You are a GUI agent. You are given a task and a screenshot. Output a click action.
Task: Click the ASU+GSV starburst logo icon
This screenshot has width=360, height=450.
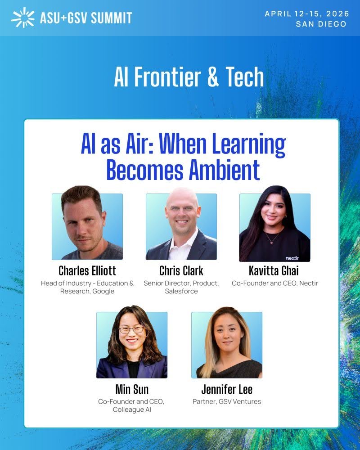[23, 17]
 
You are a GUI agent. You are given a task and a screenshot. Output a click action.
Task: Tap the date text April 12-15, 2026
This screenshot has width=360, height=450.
[306, 13]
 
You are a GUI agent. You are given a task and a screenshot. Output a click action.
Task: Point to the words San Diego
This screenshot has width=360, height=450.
[321, 24]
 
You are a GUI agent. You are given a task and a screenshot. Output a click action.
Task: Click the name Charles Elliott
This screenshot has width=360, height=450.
[87, 270]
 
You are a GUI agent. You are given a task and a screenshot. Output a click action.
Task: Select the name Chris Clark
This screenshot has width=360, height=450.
[181, 270]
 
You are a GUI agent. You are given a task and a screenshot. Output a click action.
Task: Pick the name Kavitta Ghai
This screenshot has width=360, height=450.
[274, 270]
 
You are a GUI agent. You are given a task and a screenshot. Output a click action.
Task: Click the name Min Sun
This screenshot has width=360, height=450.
[131, 388]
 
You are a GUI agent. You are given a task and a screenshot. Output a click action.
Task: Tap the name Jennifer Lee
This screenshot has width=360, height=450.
[226, 388]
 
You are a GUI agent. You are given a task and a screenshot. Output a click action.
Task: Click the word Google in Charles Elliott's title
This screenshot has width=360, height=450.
[104, 291]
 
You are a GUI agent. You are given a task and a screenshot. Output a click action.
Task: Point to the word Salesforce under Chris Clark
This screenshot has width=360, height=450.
[181, 291]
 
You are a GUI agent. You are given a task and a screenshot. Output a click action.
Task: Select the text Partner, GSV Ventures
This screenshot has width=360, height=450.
[227, 401]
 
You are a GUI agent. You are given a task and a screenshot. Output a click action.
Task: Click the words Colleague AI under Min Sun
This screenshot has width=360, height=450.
[131, 409]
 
